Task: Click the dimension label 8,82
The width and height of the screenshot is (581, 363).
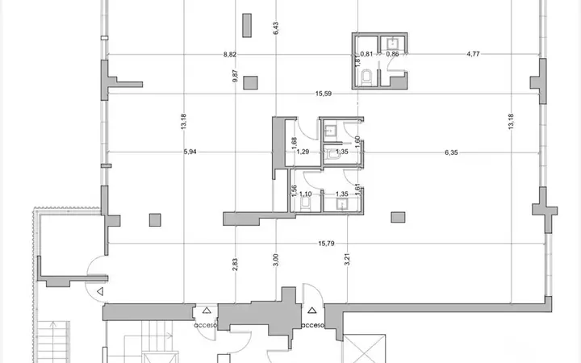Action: (230, 55)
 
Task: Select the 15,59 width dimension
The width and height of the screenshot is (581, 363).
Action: (324, 94)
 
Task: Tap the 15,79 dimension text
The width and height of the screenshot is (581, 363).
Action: (326, 244)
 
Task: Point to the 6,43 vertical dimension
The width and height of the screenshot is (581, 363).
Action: (275, 28)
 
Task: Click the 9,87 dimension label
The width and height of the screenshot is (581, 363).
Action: (235, 76)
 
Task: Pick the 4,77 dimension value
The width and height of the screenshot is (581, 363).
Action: (473, 54)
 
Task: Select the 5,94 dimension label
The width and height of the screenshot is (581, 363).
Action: (190, 152)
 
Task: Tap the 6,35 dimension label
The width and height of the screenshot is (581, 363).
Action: (451, 152)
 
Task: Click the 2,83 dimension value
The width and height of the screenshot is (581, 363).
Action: (235, 265)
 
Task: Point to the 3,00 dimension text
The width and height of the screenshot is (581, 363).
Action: (275, 260)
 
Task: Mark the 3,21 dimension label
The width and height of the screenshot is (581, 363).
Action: (347, 259)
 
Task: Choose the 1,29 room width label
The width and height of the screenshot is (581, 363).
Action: (303, 152)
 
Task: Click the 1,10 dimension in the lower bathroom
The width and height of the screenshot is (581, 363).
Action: (305, 194)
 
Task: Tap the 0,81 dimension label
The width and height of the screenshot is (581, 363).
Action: (366, 54)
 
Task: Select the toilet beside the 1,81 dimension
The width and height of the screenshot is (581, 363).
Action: (366, 77)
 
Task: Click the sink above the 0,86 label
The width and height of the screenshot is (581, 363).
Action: (392, 44)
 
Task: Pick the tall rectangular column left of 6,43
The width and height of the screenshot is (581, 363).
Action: (247, 26)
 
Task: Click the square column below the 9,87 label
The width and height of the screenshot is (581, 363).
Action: (250, 82)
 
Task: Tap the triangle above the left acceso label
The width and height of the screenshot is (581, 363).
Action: (207, 311)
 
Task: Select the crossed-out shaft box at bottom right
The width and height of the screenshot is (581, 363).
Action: (364, 348)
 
